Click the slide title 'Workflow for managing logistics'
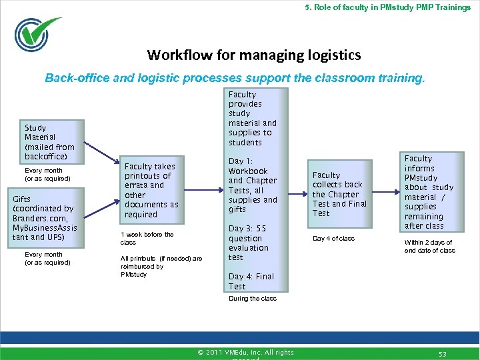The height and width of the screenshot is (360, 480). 254,55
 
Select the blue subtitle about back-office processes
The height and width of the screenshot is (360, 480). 234,77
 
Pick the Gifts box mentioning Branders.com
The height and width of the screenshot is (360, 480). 45,218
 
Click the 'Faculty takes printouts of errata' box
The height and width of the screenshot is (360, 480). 151,191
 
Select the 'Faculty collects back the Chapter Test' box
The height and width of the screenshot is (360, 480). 340,194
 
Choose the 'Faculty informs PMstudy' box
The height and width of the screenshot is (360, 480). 429,191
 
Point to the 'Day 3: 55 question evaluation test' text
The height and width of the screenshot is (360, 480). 249,243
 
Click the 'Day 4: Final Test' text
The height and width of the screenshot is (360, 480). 251,281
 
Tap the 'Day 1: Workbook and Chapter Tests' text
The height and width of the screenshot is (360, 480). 253,185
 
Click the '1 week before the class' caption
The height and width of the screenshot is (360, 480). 147,238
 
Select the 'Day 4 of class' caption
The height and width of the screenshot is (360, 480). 333,239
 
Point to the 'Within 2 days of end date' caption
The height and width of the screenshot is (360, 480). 429,247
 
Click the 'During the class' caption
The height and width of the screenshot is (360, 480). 252,299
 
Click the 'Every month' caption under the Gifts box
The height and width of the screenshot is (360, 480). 47,258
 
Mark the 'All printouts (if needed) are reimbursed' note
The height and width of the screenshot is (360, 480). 161,266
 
